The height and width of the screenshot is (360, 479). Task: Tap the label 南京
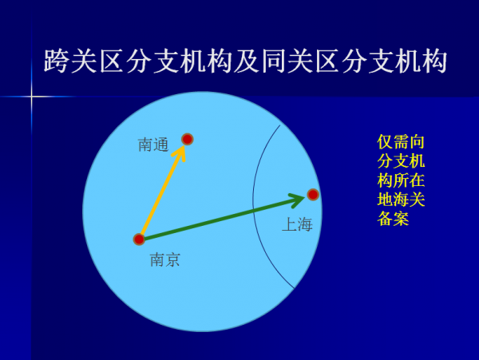(164, 259)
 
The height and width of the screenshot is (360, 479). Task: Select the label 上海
(296, 225)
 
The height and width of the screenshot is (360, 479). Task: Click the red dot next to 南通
(188, 139)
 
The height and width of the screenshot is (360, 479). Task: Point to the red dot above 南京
(139, 239)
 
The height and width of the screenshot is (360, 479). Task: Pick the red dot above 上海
(313, 194)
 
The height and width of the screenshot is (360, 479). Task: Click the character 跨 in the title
(60, 61)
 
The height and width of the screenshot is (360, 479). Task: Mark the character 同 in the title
(276, 61)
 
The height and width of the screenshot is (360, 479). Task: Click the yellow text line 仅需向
(401, 142)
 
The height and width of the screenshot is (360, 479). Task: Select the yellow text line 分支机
(401, 161)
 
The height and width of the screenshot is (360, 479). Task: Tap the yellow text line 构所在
(401, 180)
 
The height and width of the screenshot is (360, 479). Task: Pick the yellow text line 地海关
(401, 200)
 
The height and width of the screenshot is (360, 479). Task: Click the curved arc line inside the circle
(255, 200)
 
